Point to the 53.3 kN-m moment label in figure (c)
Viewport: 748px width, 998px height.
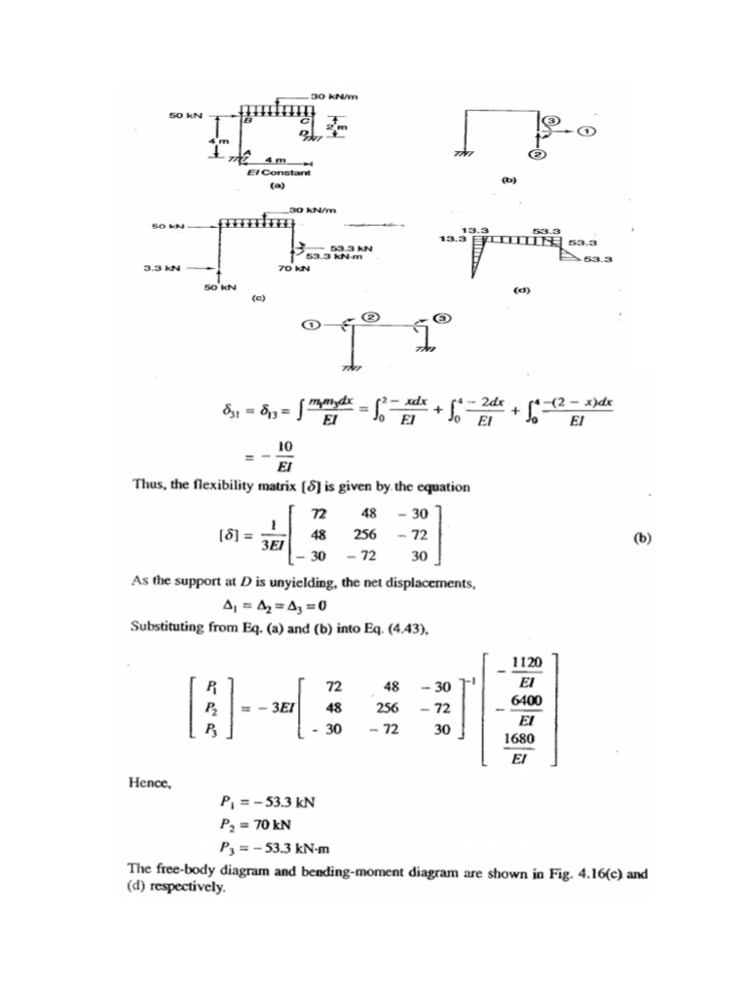click(x=330, y=256)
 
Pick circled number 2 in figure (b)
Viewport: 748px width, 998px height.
click(x=537, y=154)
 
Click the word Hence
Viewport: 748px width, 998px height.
click(x=149, y=780)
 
